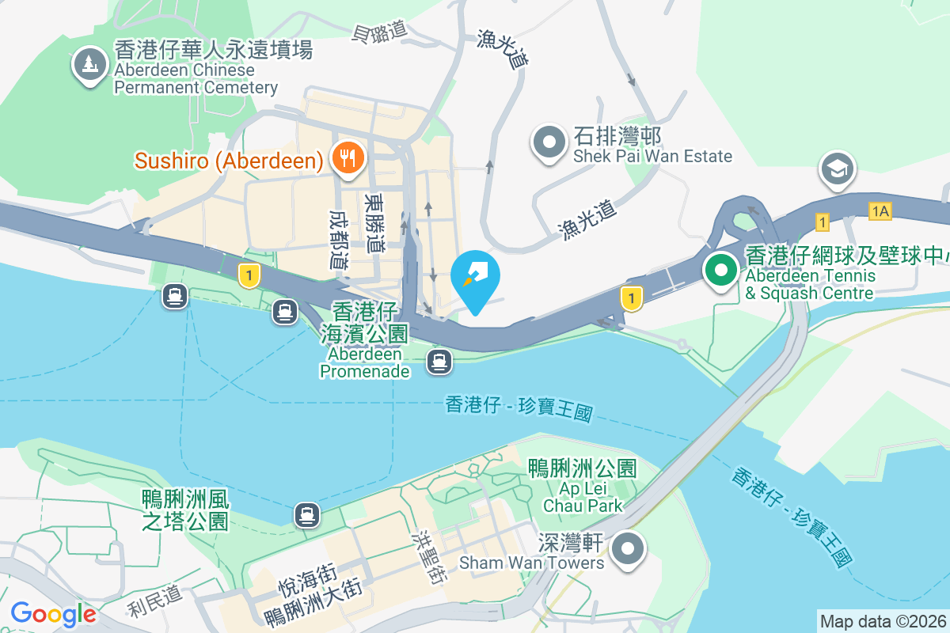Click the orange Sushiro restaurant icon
coord(347,157)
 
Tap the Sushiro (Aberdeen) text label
coord(229,161)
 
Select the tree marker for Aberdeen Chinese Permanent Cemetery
coord(89,64)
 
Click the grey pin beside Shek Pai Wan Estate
coord(549,143)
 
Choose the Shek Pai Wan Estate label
coord(652,146)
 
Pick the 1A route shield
coord(880,211)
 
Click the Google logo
coord(53,614)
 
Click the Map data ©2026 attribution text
coord(883,621)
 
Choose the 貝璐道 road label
coord(379,31)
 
